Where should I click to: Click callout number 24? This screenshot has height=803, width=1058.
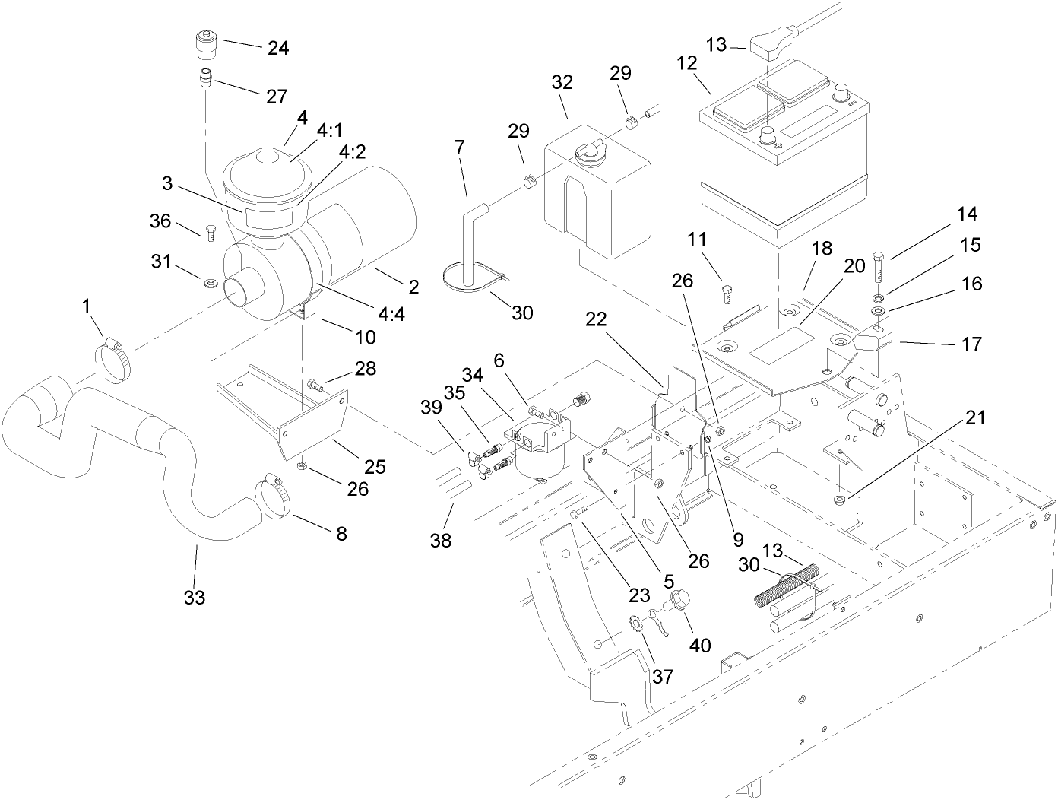[277, 48]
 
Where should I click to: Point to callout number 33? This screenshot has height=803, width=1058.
[195, 598]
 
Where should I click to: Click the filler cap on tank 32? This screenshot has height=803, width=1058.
[589, 152]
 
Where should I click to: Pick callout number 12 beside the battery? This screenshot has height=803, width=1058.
[687, 63]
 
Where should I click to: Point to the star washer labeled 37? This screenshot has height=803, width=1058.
[635, 624]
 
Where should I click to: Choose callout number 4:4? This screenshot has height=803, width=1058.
[391, 313]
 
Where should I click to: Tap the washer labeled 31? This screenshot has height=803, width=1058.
[209, 283]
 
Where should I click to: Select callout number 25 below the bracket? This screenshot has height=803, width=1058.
[375, 465]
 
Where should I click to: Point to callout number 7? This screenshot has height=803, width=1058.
[459, 147]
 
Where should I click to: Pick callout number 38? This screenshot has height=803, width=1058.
[440, 541]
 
